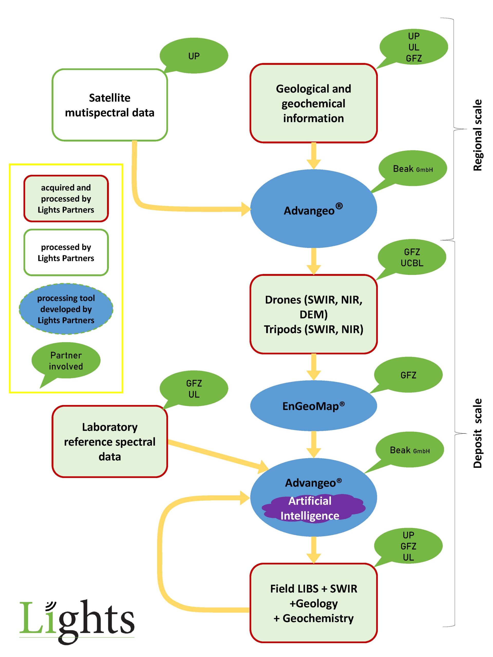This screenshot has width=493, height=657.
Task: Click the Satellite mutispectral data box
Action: (x=110, y=105)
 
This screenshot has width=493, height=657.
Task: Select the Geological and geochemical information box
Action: (x=313, y=103)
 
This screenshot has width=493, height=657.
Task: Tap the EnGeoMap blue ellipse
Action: (x=313, y=406)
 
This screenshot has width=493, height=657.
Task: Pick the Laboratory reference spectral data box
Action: (x=110, y=441)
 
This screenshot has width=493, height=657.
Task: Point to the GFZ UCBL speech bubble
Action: (x=412, y=257)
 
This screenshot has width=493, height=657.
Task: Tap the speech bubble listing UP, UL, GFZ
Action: (x=413, y=47)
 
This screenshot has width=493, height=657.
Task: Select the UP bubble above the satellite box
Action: (x=194, y=56)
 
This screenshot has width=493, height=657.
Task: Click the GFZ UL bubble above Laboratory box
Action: (x=194, y=389)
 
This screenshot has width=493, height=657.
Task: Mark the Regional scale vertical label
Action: (x=477, y=135)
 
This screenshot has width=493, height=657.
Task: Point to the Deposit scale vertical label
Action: (x=477, y=433)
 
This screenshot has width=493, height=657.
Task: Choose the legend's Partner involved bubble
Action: (x=66, y=361)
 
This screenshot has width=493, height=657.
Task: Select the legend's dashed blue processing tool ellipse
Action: (x=66, y=309)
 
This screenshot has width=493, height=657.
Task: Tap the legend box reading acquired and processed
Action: (x=66, y=198)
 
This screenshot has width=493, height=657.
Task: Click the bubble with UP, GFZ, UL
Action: (x=408, y=546)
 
